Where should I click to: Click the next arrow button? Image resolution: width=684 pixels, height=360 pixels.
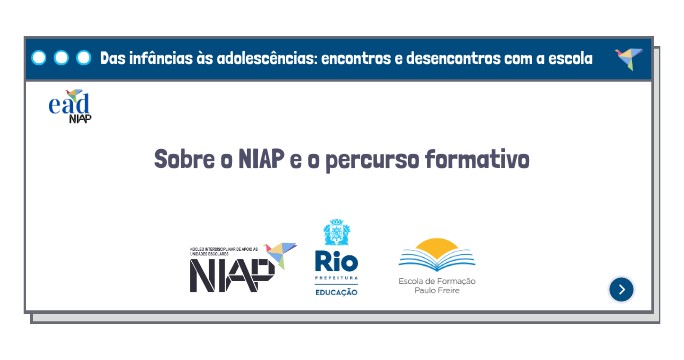point(622,289)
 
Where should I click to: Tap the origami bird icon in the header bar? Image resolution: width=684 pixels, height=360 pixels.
point(628,58)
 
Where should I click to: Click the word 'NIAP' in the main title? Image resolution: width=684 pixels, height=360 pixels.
point(263,159)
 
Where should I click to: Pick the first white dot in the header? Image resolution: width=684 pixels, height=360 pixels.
point(39,58)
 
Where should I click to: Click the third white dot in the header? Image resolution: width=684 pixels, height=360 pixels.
point(83,58)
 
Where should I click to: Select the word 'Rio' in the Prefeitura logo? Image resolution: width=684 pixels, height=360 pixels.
point(335,262)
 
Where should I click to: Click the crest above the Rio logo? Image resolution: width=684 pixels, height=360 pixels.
point(335,233)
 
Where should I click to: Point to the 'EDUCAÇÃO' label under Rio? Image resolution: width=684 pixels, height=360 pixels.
point(335,291)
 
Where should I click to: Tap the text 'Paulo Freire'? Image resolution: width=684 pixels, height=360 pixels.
point(436,291)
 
